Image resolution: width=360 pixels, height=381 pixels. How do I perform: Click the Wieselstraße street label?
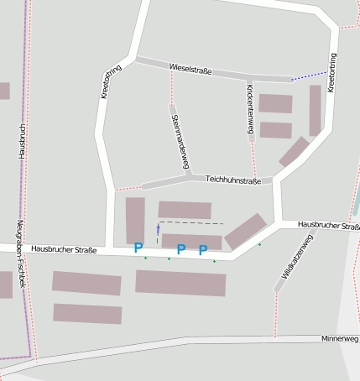(190, 70)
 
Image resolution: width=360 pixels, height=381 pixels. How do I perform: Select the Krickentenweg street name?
(250, 108)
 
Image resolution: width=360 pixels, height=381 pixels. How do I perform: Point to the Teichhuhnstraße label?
(233, 180)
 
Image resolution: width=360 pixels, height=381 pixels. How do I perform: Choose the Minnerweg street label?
(339, 339)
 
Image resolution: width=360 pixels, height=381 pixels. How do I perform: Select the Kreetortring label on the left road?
(106, 84)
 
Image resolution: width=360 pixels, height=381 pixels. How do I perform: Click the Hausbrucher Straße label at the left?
(64, 249)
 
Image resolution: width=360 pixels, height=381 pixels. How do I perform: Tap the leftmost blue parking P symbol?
(138, 248)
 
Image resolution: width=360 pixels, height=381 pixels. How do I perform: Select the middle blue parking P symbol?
(180, 249)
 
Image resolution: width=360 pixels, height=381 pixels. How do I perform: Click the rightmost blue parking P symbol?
(202, 249)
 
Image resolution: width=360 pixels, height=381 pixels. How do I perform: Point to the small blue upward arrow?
(158, 229)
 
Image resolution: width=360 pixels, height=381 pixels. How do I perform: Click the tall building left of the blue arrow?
(135, 220)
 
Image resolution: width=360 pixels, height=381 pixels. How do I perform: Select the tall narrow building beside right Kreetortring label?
(315, 110)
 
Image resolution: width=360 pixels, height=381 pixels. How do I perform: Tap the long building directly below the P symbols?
(180, 282)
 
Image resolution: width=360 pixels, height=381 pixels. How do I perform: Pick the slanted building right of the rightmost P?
(246, 231)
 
